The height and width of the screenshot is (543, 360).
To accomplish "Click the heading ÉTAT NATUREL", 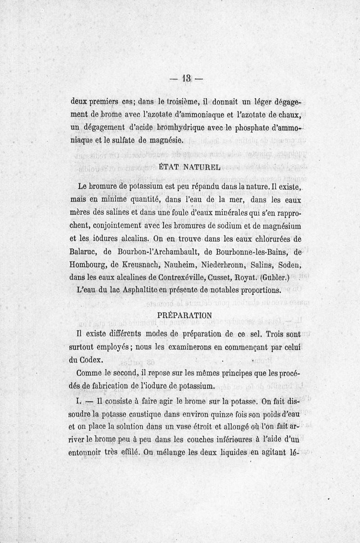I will click(x=183, y=167).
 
